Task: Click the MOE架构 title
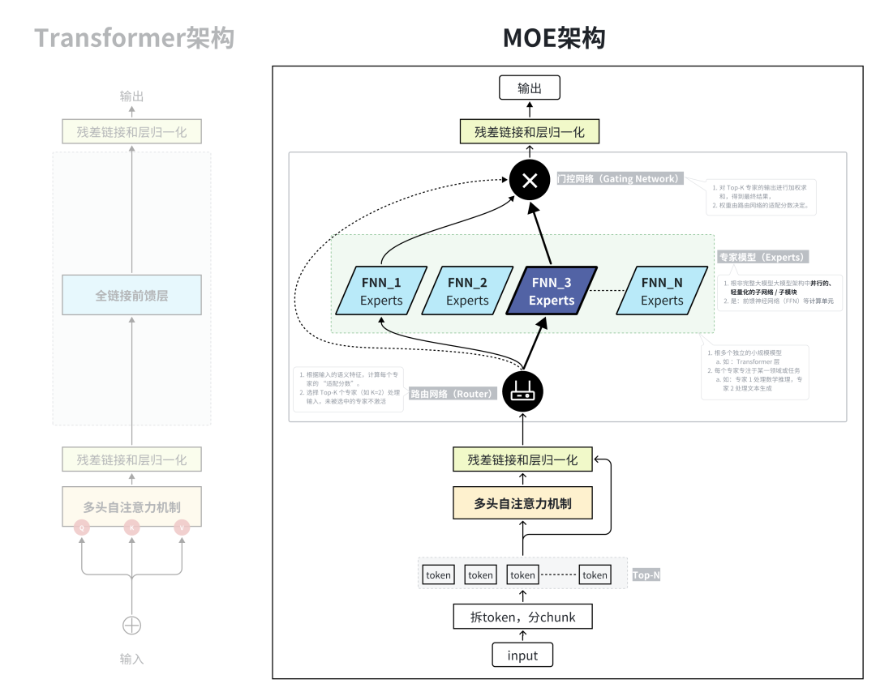554,37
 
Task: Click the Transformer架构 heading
134,37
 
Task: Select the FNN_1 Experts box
381,291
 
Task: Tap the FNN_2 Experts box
467,291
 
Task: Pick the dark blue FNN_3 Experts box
552,291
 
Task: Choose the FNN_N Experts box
662,291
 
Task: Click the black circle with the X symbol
530,180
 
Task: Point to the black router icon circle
522,393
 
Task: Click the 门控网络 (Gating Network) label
618,178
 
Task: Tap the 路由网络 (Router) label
452,395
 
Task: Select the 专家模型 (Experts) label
762,257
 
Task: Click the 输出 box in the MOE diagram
530,88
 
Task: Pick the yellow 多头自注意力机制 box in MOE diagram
522,503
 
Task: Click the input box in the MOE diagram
522,655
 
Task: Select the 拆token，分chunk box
522,617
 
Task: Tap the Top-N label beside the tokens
646,575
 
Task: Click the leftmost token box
439,575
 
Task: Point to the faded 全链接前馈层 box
131,296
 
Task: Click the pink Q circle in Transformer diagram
81,528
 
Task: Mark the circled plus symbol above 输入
131,626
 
